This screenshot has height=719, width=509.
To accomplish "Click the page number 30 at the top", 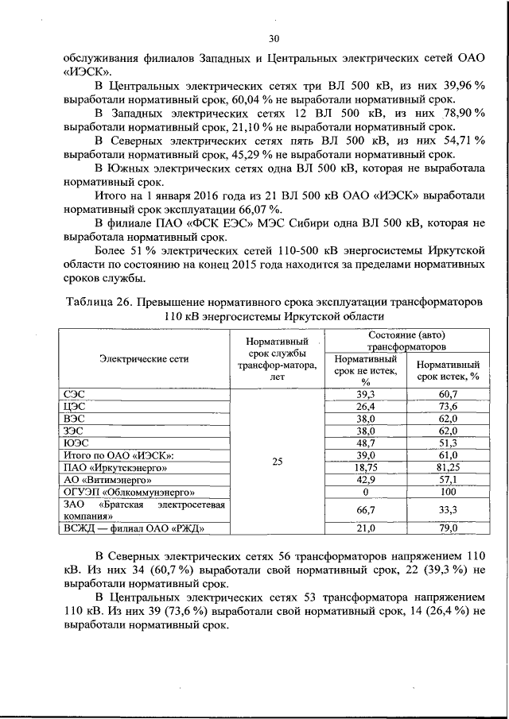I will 274,39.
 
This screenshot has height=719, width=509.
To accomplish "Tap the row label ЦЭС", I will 75,405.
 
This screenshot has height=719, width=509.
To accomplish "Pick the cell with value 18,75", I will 365,470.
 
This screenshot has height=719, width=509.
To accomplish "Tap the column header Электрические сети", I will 144,358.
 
